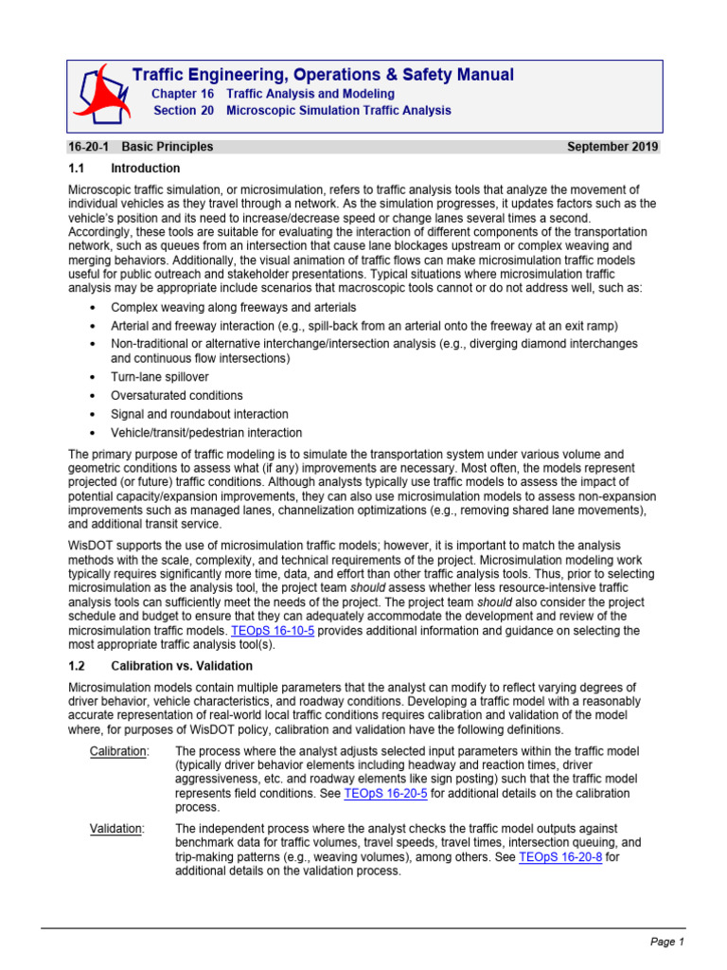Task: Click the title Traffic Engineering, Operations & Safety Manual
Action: pyautogui.click(x=323, y=75)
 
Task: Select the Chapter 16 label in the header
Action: pyautogui.click(x=183, y=95)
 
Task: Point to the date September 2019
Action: pyautogui.click(x=612, y=147)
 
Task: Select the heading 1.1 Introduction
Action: pyautogui.click(x=112, y=168)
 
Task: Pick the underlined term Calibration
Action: pyautogui.click(x=118, y=751)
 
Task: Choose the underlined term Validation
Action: pyautogui.click(x=115, y=829)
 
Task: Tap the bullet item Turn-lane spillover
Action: pyautogui.click(x=160, y=377)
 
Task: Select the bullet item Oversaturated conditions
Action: pyautogui.click(x=176, y=395)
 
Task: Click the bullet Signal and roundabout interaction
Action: pyautogui.click(x=200, y=414)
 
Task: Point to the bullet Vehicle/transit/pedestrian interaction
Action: pyautogui.click(x=205, y=433)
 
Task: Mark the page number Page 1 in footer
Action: pyautogui.click(x=666, y=942)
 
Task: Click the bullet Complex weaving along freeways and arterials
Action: pyautogui.click(x=234, y=308)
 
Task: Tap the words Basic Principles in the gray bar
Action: pyautogui.click(x=171, y=147)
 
